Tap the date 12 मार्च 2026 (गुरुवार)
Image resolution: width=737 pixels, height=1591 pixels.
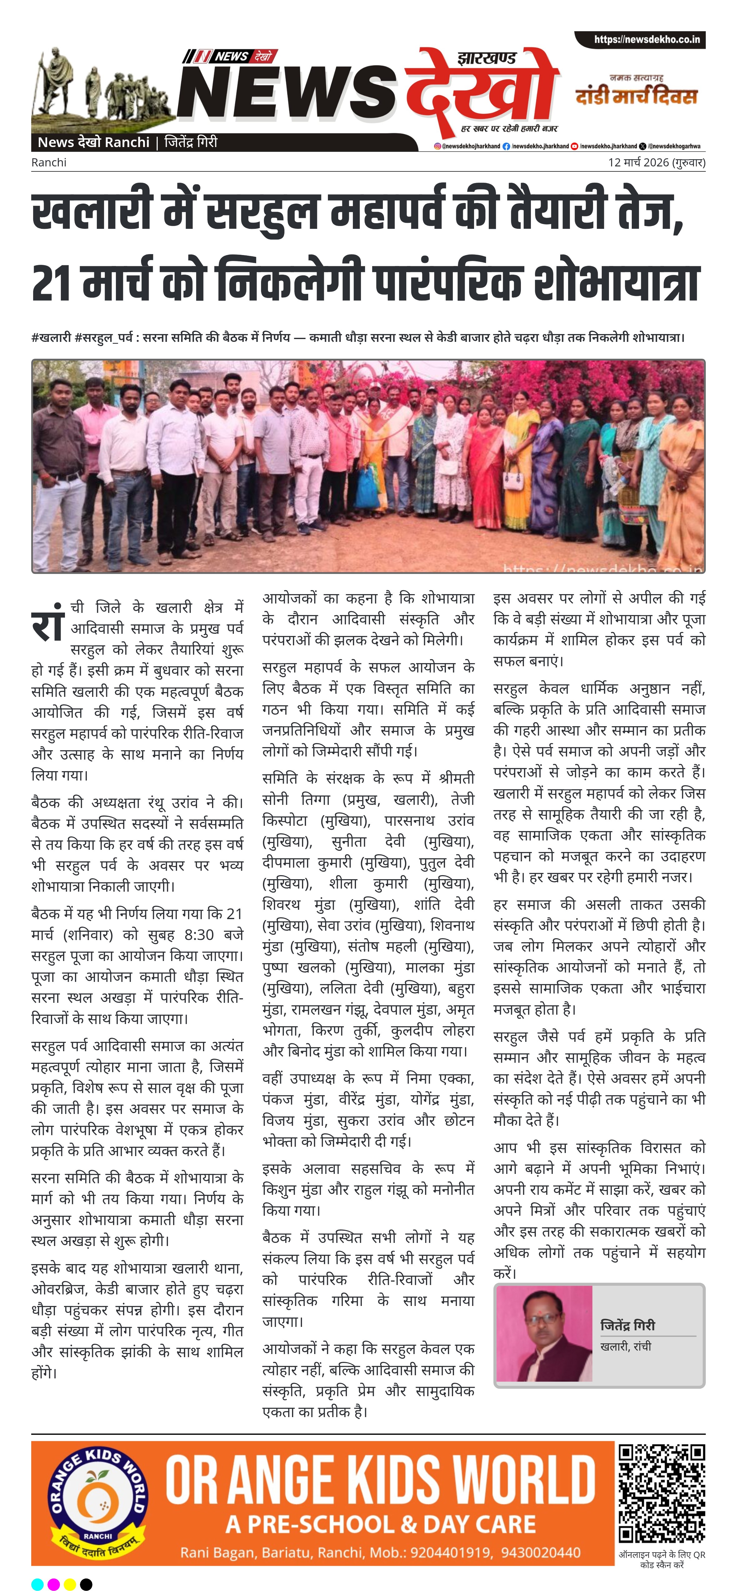click(656, 162)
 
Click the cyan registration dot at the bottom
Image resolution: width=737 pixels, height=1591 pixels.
click(37, 1584)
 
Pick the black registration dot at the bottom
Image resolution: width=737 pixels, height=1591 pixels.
click(87, 1584)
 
